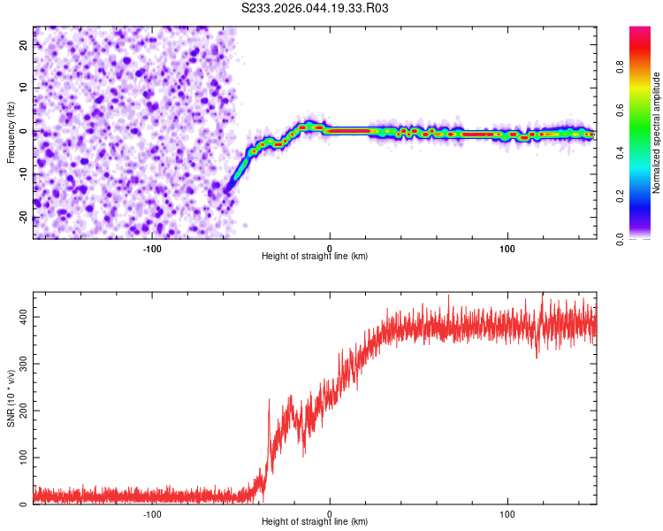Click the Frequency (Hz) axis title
click(x=11, y=133)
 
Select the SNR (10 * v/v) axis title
click(x=11, y=399)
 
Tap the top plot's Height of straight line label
click(x=315, y=256)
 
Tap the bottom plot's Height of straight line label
click(x=315, y=522)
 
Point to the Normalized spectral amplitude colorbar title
click(x=657, y=133)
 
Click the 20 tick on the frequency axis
click(x=24, y=46)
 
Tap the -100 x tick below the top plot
click(x=152, y=247)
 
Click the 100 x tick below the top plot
click(x=507, y=247)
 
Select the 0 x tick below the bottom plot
click(x=330, y=513)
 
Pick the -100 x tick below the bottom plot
click(x=152, y=513)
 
